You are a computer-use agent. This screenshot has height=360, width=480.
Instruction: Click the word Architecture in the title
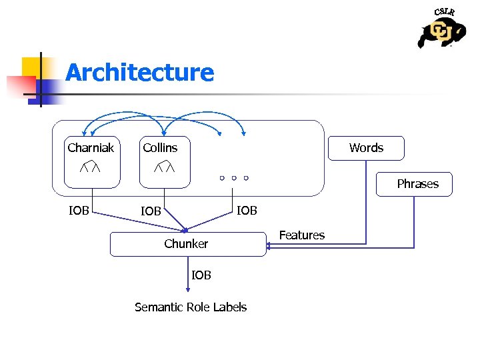point(140,72)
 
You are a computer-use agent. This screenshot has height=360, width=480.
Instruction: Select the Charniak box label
point(91,147)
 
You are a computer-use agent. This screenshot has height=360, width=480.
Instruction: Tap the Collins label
point(160,147)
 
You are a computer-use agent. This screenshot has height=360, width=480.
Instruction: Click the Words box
point(366,148)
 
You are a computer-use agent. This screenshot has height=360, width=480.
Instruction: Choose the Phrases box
point(417,184)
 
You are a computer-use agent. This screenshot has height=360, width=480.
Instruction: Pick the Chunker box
point(187,244)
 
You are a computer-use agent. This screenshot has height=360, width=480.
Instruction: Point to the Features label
point(301,235)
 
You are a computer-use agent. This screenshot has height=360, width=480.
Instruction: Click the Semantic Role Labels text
point(191,307)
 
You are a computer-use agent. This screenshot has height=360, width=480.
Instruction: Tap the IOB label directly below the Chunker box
point(201,275)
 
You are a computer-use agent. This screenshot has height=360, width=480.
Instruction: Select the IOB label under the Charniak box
point(79,211)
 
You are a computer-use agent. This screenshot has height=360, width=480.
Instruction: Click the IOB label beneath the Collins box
point(151,211)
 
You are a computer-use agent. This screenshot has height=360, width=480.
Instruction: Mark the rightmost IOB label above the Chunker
point(247,211)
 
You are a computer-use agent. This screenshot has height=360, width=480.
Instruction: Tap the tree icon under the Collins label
point(164,167)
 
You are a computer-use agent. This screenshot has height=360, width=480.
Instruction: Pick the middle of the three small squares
point(234,179)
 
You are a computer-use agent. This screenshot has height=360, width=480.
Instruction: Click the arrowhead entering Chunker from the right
point(268,247)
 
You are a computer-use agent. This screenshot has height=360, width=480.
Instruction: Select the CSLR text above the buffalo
point(445,12)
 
